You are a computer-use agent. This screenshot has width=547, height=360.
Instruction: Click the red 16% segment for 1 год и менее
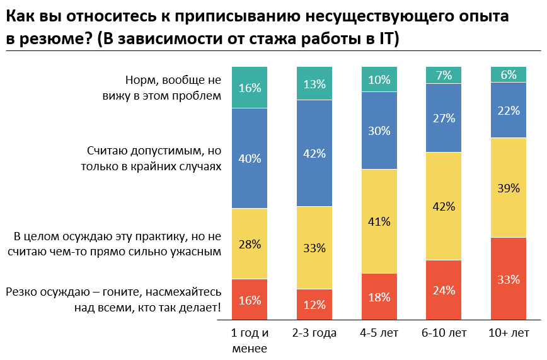250,300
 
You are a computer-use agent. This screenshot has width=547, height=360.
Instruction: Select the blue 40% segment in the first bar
250,158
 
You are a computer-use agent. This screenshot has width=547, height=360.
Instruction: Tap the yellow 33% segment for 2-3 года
314,248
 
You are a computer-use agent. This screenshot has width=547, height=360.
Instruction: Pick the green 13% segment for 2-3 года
314,83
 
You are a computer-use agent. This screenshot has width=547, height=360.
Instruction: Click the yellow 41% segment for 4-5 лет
379,221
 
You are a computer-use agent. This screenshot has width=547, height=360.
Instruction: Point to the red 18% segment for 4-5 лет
379,297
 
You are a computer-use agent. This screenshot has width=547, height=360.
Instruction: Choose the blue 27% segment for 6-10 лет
444,117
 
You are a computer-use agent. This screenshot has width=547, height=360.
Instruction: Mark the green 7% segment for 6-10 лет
444,75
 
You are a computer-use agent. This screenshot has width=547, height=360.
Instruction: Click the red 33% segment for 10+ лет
508,279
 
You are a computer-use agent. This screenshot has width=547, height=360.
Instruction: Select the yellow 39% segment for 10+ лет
508,187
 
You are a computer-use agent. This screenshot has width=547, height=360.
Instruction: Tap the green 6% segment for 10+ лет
508,74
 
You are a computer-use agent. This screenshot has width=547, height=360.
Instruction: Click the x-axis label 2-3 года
314,333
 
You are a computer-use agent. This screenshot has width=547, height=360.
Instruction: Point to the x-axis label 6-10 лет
444,333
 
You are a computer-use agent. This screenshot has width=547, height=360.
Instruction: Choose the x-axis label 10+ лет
508,333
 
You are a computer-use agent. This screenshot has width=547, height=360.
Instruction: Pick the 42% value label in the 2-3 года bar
314,153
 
